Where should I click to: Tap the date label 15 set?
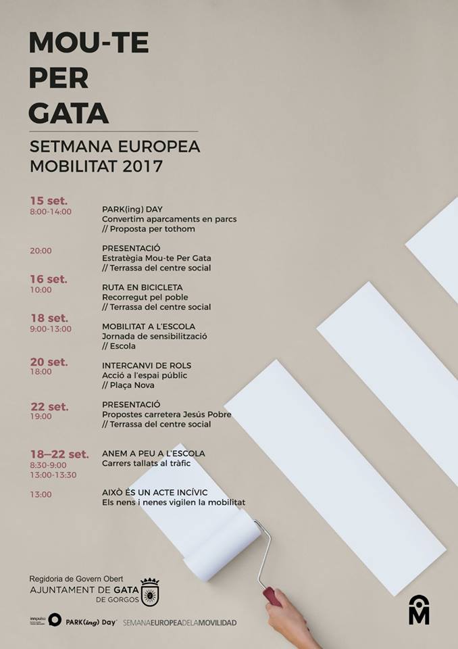tap(49, 201)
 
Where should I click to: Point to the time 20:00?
tap(41, 251)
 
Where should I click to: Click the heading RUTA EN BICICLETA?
tap(142, 287)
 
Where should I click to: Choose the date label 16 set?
tap(49, 279)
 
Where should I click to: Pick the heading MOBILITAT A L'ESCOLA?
tap(149, 327)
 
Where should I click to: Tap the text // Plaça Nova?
tap(128, 385)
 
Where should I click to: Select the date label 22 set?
tap(49, 406)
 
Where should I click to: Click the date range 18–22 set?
tap(59, 454)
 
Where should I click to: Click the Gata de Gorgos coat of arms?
tap(149, 592)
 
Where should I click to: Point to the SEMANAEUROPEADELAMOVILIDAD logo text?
tap(180, 622)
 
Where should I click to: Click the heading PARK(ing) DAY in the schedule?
tap(132, 209)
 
